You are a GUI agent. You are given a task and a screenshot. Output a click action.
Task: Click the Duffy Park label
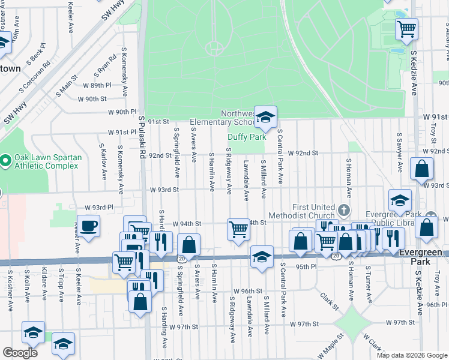pyautogui.click(x=247, y=137)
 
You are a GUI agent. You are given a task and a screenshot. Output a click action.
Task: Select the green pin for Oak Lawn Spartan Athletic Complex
pyautogui.click(x=5, y=160)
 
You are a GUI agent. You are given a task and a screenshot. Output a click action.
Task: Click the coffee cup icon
pyautogui.click(x=89, y=226)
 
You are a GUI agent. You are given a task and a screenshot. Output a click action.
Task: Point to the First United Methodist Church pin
pyautogui.click(x=343, y=210)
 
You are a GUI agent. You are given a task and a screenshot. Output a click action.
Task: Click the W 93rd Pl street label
pyautogui.click(x=99, y=208)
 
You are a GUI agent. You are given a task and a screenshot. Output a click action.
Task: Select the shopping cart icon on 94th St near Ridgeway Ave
pyautogui.click(x=238, y=229)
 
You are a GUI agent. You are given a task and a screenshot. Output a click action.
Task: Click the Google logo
pyautogui.click(x=20, y=353)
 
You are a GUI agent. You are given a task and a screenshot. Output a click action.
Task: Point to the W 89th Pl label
pyautogui.click(x=98, y=85)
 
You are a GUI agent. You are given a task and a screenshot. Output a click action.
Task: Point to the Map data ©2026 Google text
pyautogui.click(x=412, y=355)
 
